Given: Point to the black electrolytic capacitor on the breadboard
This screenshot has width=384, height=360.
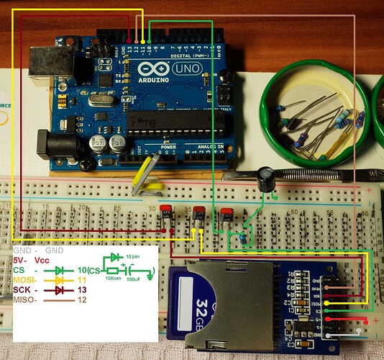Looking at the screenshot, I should click(x=267, y=180).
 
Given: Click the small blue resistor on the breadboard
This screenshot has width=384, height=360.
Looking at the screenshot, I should click(x=245, y=236).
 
